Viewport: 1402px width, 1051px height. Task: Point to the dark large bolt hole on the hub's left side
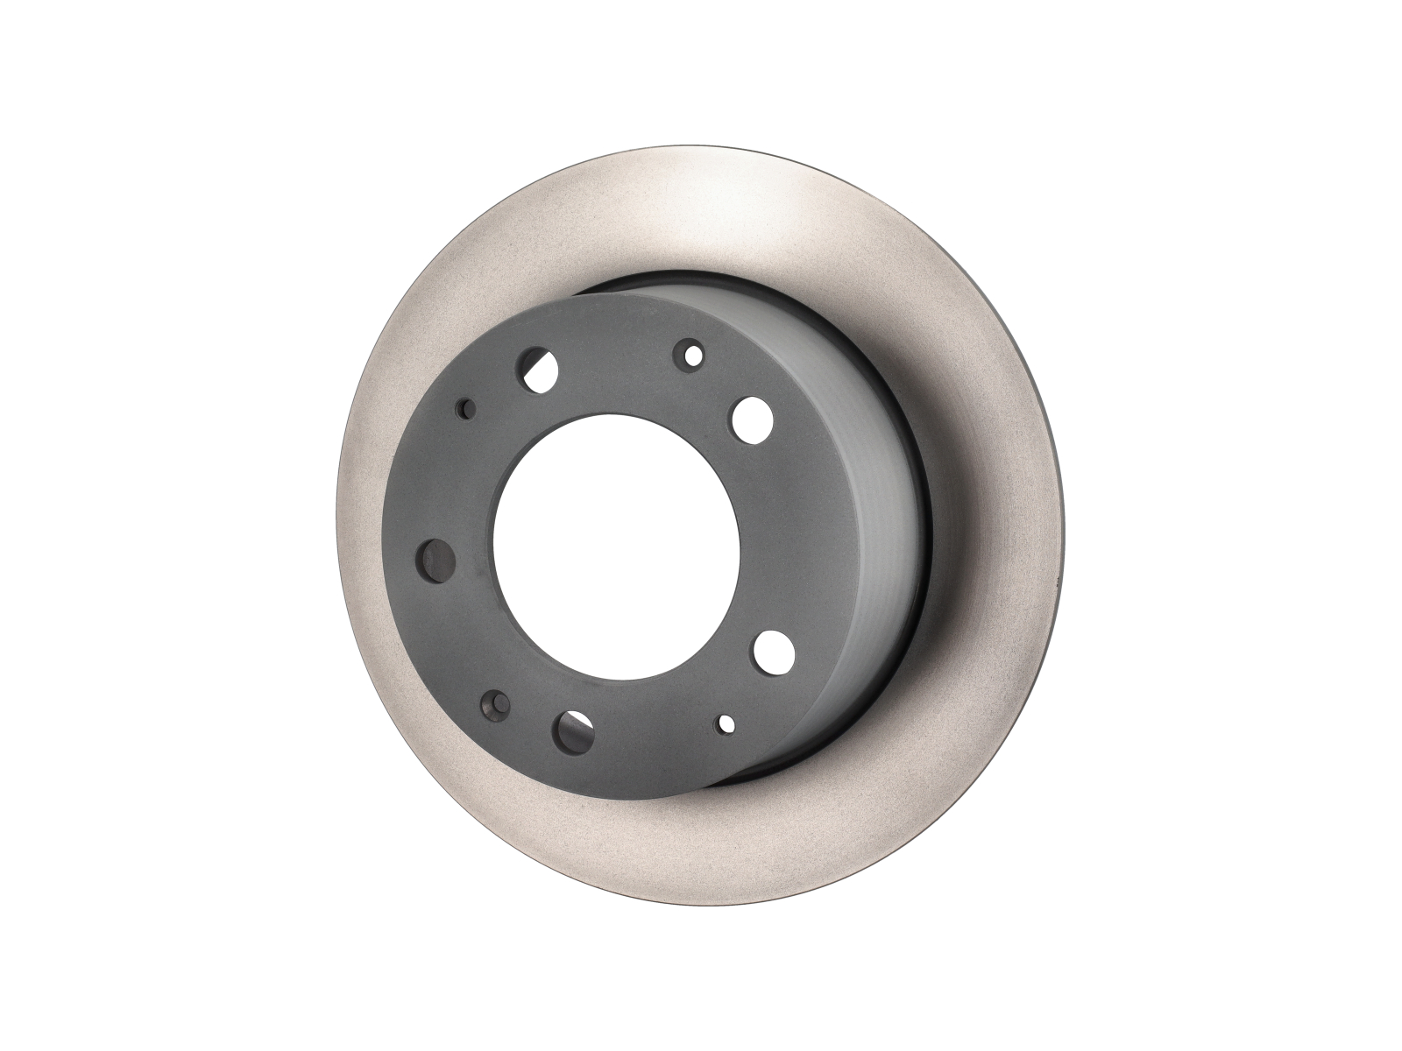(x=435, y=558)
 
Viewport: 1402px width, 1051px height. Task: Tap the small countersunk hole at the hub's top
(x=692, y=355)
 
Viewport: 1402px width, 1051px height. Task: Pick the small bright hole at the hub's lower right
(x=726, y=723)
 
